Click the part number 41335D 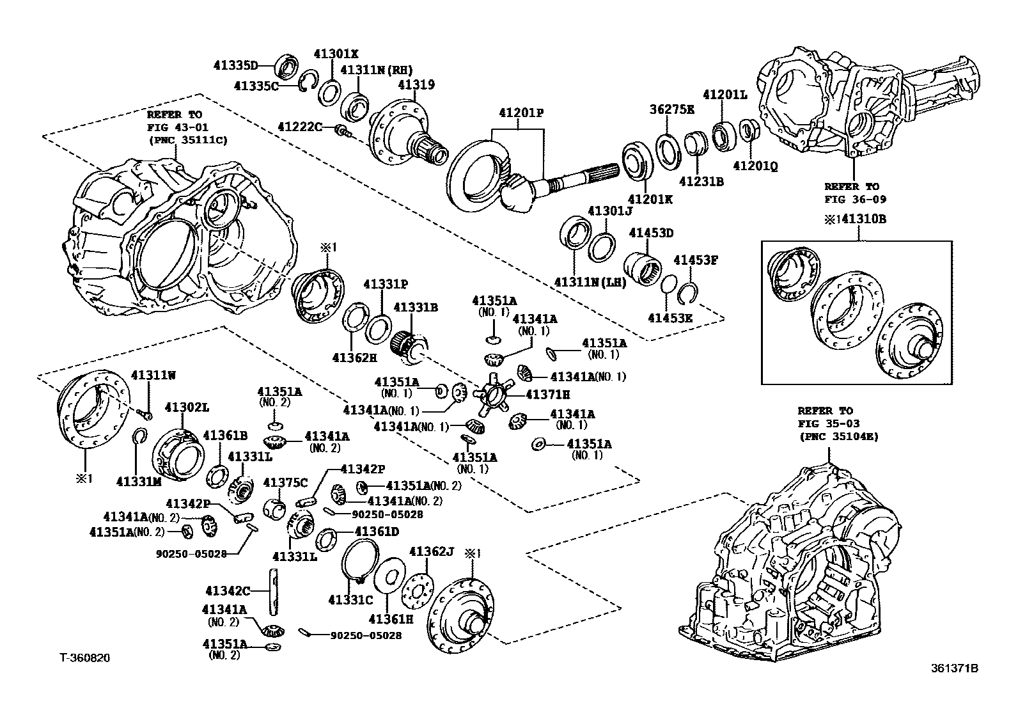coord(235,65)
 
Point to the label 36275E coord(671,109)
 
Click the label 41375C coord(285,482)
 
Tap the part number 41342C coord(227,589)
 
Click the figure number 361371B coord(954,668)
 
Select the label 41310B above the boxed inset coord(863,219)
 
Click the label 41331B coord(415,308)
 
